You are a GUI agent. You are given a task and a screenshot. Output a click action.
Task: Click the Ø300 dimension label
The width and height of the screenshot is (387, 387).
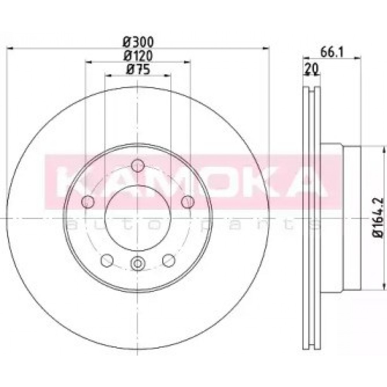point(138,41)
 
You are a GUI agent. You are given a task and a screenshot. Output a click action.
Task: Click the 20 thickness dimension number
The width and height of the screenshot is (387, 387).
point(312,68)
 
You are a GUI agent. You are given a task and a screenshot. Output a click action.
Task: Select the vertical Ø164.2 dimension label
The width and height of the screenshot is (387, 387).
point(379,217)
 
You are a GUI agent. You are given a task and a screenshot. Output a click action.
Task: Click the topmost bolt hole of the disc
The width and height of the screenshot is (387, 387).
point(137,166)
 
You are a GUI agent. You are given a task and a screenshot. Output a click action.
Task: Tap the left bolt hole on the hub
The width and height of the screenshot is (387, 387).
point(89,201)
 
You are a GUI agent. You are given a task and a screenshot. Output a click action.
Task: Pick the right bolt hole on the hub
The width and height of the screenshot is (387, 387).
point(188,201)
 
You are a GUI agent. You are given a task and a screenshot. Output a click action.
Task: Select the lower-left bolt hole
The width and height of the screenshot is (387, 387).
point(106,260)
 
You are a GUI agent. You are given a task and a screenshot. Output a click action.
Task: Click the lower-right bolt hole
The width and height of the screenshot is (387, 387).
point(169,260)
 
